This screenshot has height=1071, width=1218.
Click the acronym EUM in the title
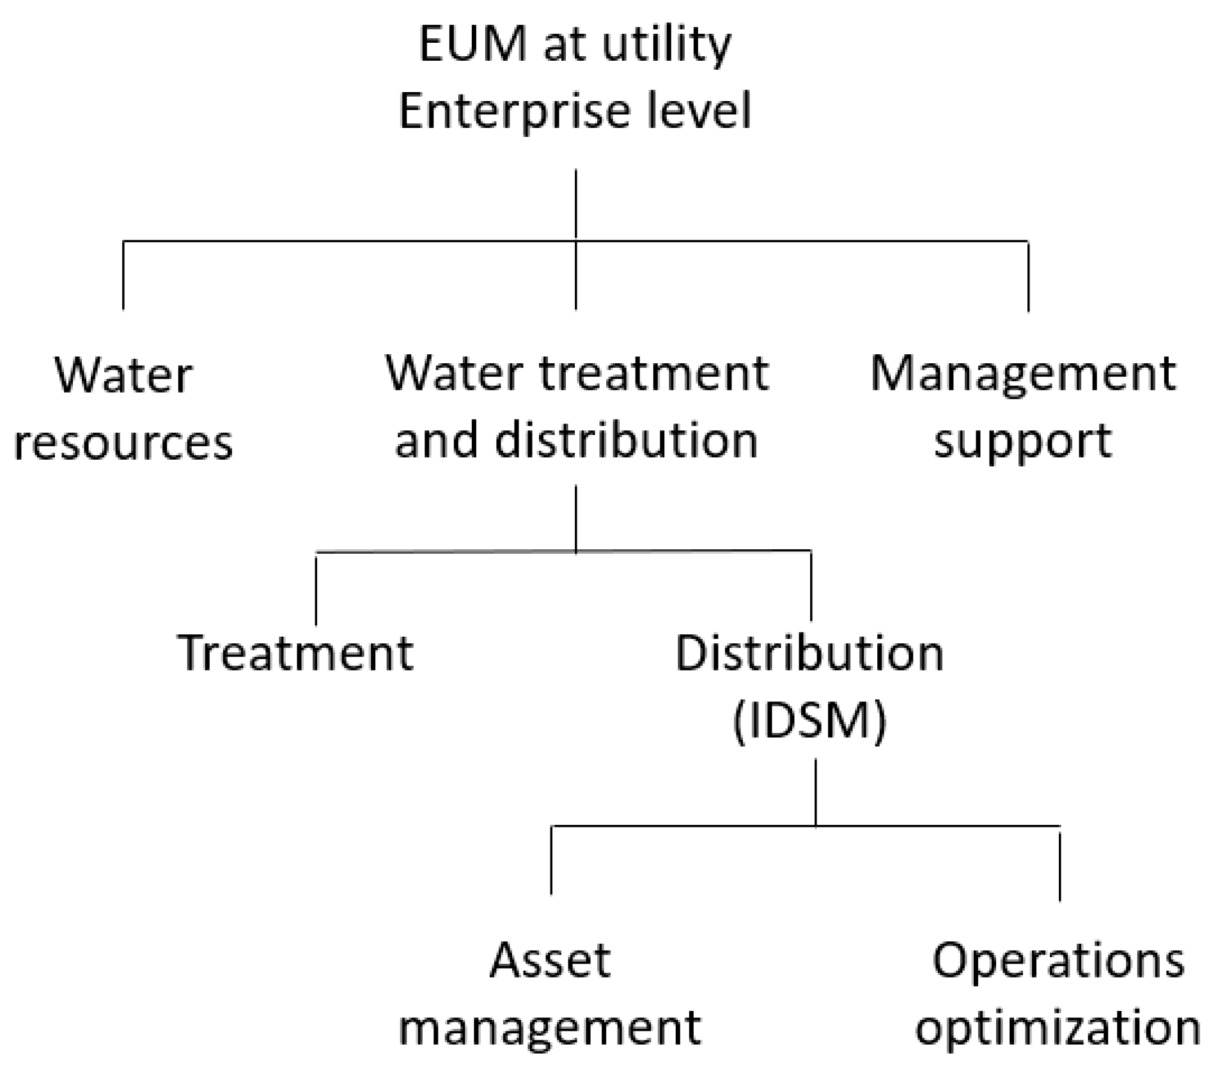coord(473,45)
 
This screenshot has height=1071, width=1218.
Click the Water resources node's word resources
coord(123,443)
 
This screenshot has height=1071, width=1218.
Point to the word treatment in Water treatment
coord(653,373)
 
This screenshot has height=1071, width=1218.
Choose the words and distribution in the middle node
coord(576,441)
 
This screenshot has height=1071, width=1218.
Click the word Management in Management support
coord(1023,375)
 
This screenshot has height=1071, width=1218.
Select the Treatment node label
coord(295,653)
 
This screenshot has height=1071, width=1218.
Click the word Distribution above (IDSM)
coord(809,653)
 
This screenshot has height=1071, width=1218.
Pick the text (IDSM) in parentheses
coord(809,721)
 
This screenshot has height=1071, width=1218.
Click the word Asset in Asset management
coord(550,960)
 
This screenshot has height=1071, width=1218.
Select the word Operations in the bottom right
coord(1058,960)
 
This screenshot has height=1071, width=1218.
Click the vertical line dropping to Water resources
coord(123,275)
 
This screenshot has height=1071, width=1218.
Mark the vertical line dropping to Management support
coord(1028,276)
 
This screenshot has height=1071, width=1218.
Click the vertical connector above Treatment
coord(316,588)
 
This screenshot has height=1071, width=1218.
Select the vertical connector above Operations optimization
coord(1059,863)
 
